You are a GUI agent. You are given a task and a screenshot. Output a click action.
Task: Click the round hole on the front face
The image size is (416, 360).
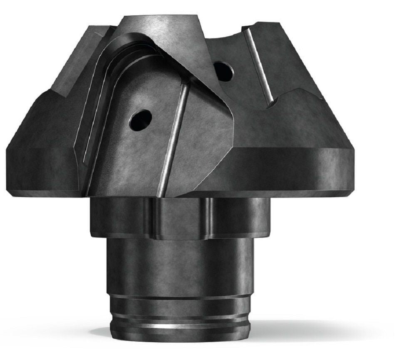[140, 119]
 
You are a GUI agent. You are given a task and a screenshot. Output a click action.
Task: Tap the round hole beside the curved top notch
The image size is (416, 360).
[223, 71]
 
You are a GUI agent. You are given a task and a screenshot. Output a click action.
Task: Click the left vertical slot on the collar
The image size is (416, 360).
[151, 218]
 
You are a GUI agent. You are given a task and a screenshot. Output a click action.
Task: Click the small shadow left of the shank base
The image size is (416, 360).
[100, 333]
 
